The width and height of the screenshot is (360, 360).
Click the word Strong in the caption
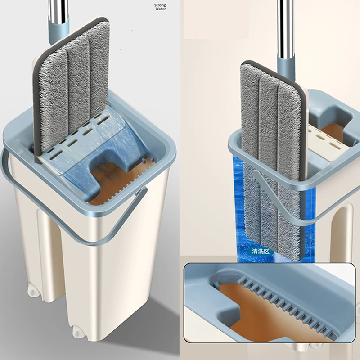pos(160,5)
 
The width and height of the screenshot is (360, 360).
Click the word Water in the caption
pos(161,9)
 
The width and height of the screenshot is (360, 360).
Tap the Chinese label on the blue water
pos(261,251)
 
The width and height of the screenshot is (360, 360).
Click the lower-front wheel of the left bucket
pos(77,332)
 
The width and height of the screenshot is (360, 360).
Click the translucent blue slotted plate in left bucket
pos(92,142)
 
